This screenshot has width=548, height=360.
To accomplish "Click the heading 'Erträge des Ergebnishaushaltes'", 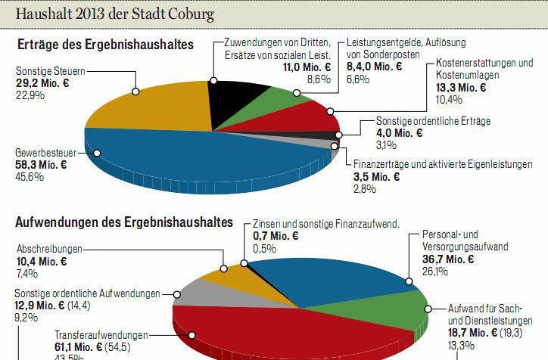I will click(105, 45).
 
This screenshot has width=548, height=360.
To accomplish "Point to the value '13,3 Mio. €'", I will click(462, 88).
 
